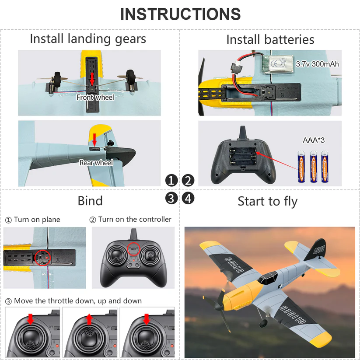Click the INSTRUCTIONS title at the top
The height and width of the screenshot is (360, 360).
(180, 14)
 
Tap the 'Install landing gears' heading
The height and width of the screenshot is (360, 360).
(88, 39)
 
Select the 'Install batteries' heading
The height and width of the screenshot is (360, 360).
(270, 39)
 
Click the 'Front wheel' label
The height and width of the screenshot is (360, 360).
(95, 97)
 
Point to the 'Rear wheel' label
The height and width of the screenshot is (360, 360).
(96, 163)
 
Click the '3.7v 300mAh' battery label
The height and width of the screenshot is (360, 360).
(317, 64)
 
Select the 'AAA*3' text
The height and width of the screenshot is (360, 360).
(313, 140)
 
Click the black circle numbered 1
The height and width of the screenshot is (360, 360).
(171, 181)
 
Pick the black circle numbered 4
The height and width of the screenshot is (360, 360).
(188, 199)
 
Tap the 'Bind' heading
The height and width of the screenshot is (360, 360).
(90, 201)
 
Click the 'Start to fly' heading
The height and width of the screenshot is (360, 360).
(267, 201)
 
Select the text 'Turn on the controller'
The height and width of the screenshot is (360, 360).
(134, 219)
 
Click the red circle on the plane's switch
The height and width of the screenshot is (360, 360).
(44, 257)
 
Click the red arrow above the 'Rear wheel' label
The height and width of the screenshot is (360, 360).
(95, 139)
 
